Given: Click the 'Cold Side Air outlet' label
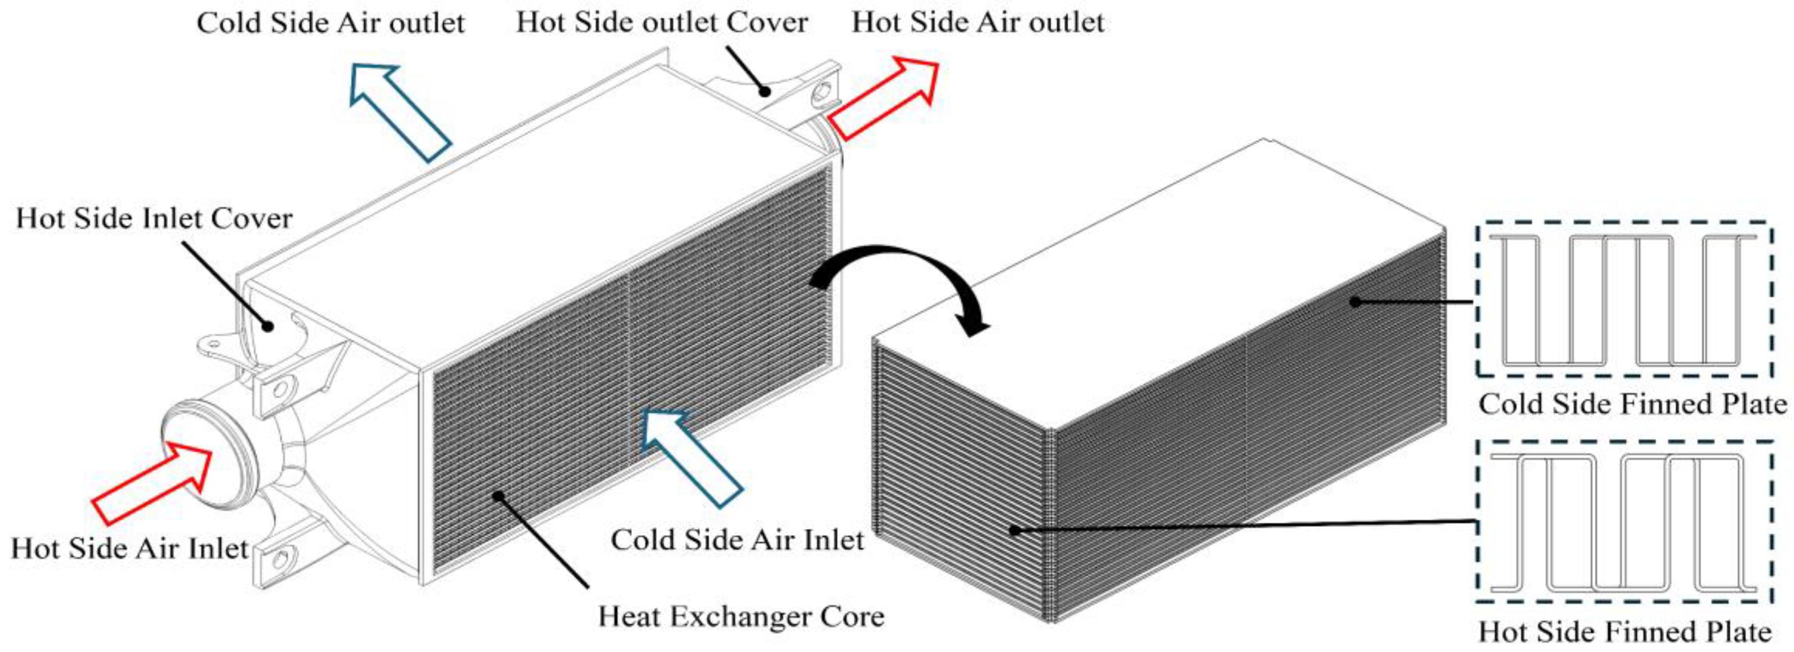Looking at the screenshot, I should pos(330,23).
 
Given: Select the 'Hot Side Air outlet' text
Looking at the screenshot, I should pos(977,23).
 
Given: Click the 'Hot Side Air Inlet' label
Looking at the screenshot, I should pos(129,549).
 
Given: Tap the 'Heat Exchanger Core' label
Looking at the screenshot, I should pos(741,617).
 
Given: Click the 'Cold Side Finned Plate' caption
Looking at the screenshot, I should pos(1632,405).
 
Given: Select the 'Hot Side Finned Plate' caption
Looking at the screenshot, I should pos(1625,632).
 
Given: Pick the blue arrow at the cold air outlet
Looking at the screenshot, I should pos(399,111).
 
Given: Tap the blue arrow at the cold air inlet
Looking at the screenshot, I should pos(691,456).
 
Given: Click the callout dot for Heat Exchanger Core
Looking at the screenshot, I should pos(498,516).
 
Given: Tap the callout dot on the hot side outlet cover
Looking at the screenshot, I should pos(765,91).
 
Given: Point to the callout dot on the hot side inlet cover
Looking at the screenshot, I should pos(267,325).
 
